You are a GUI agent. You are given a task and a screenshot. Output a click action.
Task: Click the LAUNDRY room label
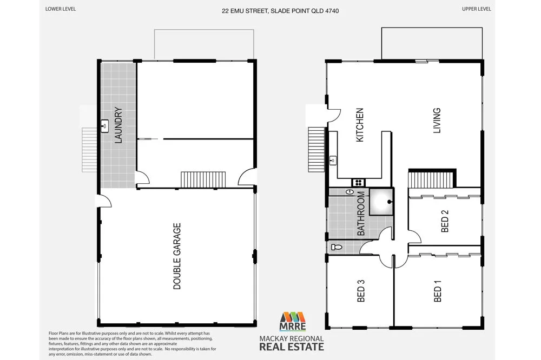click(x=118, y=125)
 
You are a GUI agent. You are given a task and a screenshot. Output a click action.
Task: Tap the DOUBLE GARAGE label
click(x=177, y=256)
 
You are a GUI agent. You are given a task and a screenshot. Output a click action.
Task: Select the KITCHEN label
click(x=359, y=125)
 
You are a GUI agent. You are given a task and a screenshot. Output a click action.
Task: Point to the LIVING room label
click(x=437, y=121)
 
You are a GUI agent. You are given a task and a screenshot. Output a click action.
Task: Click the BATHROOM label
click(x=361, y=215)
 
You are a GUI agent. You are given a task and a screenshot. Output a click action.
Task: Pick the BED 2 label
click(x=445, y=224)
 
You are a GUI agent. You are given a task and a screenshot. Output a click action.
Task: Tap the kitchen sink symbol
click(x=333, y=160)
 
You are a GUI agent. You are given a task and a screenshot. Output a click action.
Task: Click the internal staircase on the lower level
click(x=203, y=179)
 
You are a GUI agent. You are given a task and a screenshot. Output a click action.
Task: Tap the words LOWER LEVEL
click(x=61, y=10)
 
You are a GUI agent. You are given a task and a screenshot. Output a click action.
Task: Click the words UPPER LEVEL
click(x=477, y=10)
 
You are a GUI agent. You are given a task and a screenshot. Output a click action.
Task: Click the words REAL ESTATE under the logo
click(x=293, y=346)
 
